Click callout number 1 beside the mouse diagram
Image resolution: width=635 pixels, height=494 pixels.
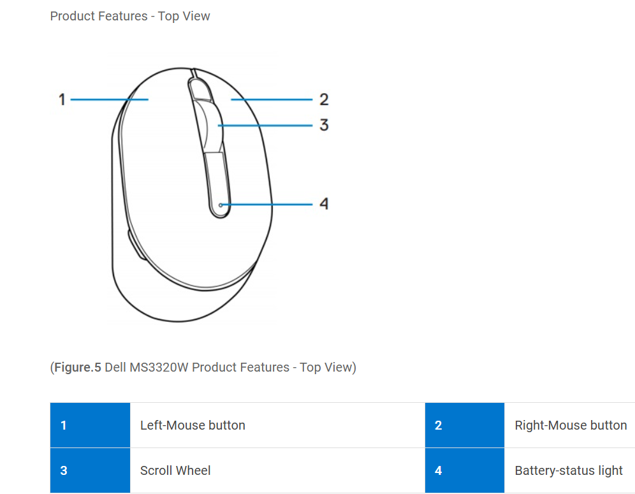(62, 99)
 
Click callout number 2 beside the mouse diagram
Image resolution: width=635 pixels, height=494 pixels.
(324, 99)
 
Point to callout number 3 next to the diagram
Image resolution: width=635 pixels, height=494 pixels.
(324, 125)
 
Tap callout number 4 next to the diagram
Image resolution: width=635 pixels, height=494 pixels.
(324, 204)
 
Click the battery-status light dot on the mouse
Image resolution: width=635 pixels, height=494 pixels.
(221, 205)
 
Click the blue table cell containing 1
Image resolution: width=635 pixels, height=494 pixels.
(90, 425)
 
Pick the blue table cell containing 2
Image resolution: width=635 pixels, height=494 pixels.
(464, 425)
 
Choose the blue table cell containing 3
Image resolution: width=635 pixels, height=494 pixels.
(90, 471)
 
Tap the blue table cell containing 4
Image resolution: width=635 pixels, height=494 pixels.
(464, 471)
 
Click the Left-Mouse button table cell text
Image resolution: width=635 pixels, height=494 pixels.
(193, 425)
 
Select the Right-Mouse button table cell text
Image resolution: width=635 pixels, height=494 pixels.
(571, 425)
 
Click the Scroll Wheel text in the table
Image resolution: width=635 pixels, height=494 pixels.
(175, 471)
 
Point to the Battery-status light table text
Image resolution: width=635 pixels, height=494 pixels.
(569, 471)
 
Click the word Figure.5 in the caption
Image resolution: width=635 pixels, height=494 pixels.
(78, 367)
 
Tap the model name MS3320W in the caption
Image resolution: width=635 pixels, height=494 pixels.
(158, 367)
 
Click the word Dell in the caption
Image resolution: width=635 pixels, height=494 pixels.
(116, 367)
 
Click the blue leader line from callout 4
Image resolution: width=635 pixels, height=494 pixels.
(268, 205)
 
